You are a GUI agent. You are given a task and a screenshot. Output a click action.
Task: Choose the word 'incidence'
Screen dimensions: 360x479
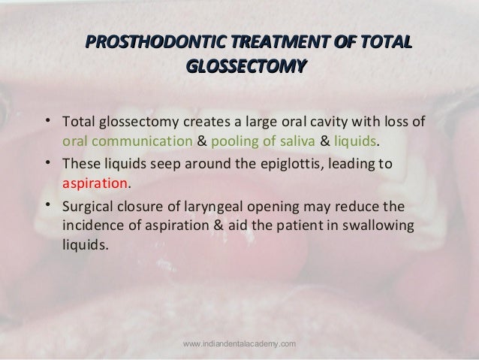(x=94, y=225)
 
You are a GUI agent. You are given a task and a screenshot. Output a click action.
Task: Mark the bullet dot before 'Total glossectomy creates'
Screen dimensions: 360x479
(x=47, y=121)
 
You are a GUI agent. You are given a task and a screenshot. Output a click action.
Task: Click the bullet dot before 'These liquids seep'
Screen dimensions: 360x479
(x=47, y=162)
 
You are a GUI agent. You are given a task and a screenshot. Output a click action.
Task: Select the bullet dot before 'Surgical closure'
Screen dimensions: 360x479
(x=47, y=204)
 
